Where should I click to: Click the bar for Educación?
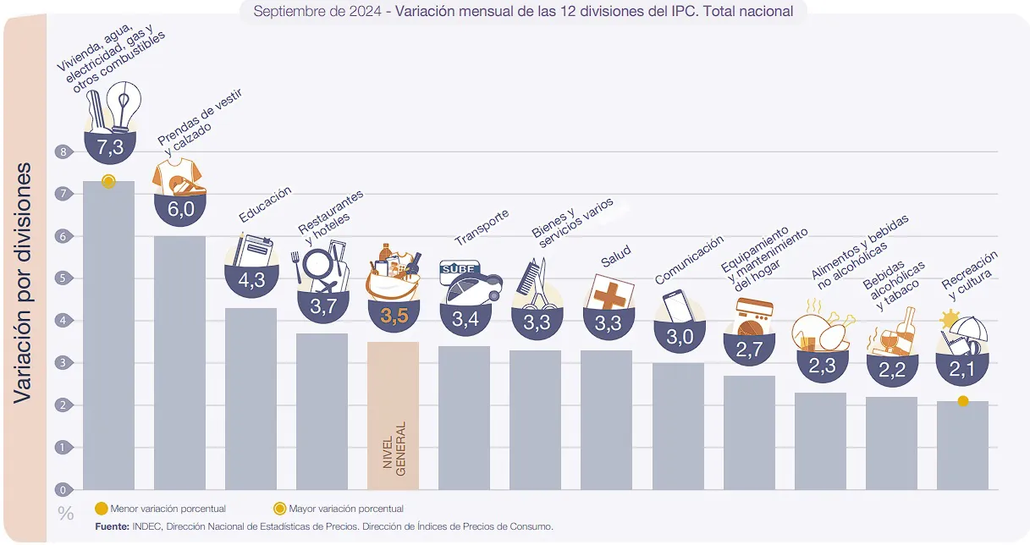pyautogui.click(x=251, y=398)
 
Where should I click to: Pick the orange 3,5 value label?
pyautogui.click(x=394, y=317)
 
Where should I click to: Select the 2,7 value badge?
pyautogui.click(x=749, y=348)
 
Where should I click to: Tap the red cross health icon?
pyautogui.click(x=609, y=293)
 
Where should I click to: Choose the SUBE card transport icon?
pyautogui.click(x=465, y=284)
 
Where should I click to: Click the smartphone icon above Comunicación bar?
pyautogui.click(x=677, y=306)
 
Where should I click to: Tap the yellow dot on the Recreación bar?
pyautogui.click(x=963, y=401)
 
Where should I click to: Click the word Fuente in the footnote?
pyautogui.click(x=112, y=526)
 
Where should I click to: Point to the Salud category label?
pyautogui.click(x=615, y=256)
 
